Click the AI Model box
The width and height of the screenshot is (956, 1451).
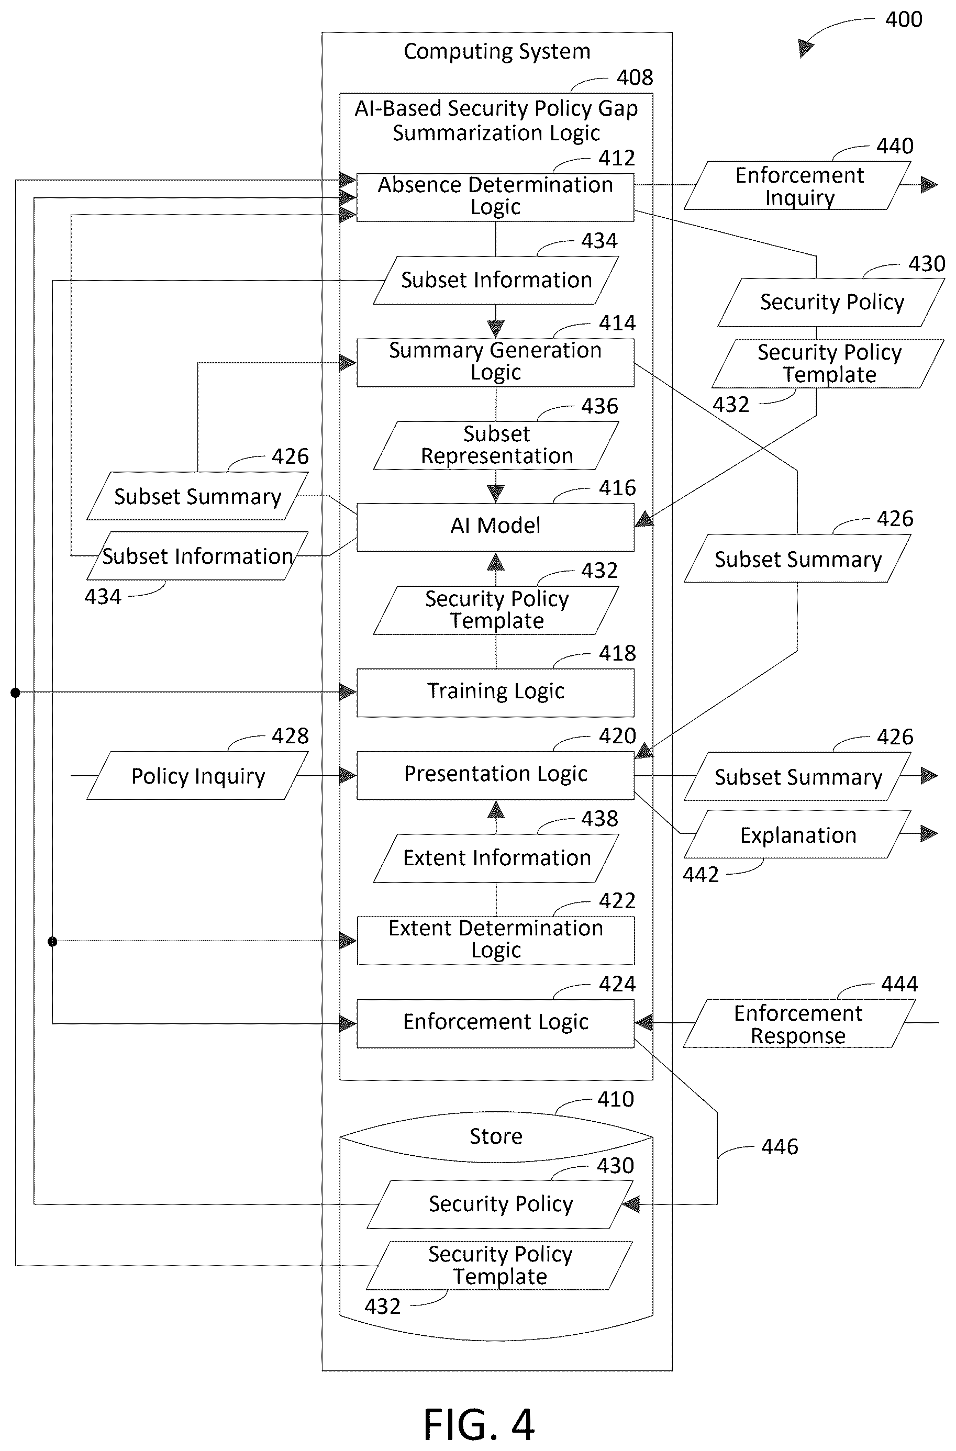point(495,527)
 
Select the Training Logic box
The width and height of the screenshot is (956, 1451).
point(495,693)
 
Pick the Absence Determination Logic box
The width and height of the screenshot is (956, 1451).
point(495,197)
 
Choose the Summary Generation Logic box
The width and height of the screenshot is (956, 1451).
point(495,363)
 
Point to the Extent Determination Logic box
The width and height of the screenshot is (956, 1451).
point(495,941)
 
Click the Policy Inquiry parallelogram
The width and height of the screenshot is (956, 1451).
point(197,776)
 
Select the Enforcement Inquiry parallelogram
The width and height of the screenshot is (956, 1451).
point(797,185)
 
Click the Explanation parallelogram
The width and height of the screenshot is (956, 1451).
point(797,834)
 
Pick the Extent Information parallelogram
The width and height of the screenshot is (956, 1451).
point(496,858)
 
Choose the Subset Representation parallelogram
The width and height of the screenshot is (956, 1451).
point(496,445)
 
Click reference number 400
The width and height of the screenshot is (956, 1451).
point(904,19)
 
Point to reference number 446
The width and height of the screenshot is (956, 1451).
point(779,1147)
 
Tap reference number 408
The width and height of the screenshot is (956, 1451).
point(635,77)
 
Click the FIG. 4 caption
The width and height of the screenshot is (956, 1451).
point(479,1424)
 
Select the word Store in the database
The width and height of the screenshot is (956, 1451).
point(496,1136)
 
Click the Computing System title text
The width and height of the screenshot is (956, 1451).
point(497,52)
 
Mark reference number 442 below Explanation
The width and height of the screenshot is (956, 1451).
point(701,875)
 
